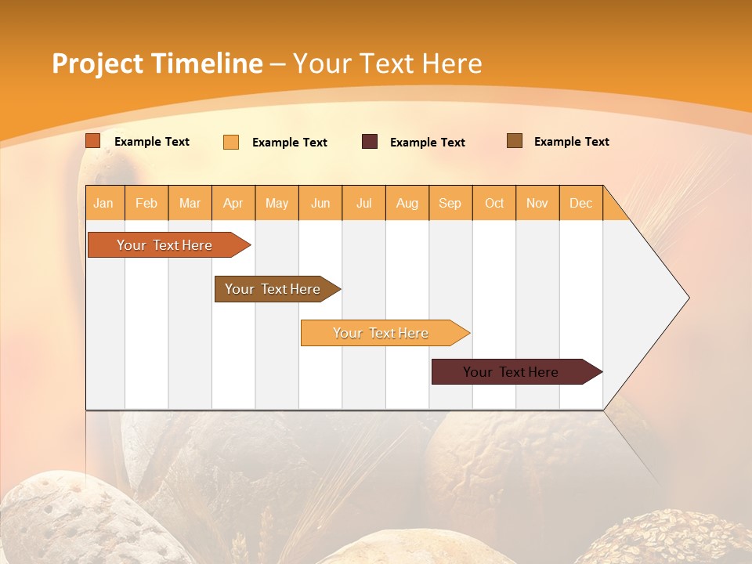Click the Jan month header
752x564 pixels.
103,204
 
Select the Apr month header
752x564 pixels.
233,204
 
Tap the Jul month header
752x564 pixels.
363,204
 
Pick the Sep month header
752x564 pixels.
450,204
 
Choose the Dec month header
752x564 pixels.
580,204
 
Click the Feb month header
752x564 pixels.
146,204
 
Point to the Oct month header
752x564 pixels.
494,204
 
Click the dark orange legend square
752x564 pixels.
93,141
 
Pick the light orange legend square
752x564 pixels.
231,142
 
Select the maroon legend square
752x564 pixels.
370,142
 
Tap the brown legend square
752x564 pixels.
515,141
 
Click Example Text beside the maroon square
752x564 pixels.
427,143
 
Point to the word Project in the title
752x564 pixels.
97,63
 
